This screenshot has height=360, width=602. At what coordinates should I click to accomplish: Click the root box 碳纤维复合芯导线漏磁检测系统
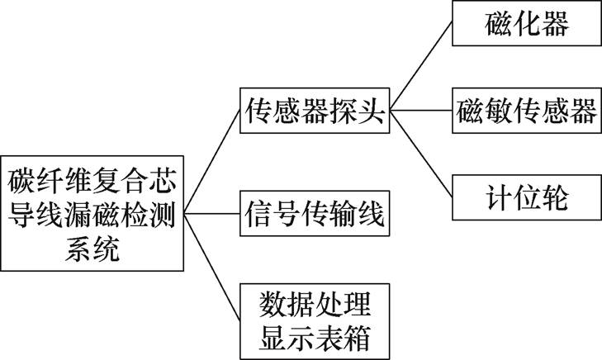point(92,213)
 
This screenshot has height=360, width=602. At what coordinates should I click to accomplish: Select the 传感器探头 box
point(314,110)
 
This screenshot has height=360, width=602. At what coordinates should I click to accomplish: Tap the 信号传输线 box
point(314,213)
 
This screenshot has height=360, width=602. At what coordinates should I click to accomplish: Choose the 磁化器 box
point(526,24)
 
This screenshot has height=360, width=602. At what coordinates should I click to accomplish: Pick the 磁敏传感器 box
point(526,110)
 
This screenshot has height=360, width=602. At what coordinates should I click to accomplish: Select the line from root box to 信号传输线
point(211,213)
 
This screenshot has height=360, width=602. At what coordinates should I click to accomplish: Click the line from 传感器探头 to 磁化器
point(421,66)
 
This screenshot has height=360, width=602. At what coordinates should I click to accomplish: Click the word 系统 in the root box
point(92,249)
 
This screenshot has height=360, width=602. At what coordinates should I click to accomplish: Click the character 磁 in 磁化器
point(498,24)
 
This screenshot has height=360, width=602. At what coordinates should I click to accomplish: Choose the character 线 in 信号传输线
point(371,214)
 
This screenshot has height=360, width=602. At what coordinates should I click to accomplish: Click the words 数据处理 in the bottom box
point(314,301)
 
